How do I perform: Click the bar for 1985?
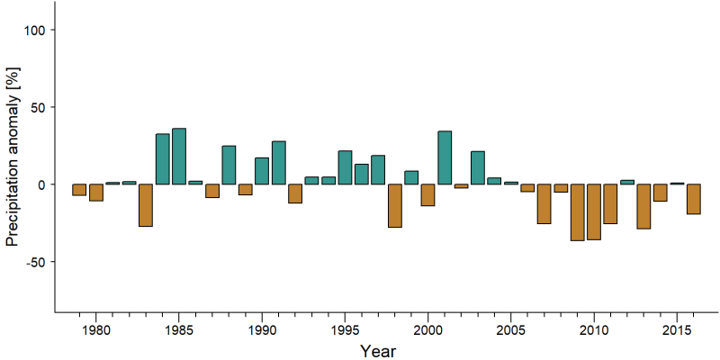[x=179, y=156]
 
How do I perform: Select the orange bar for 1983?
[x=146, y=205]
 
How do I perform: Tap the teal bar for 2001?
[x=445, y=157]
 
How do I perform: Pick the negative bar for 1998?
[x=395, y=206]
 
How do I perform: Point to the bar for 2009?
[x=577, y=212]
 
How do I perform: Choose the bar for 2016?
[x=693, y=199]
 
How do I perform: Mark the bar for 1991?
[x=279, y=163]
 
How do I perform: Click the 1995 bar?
[x=345, y=167]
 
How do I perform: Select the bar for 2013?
[x=643, y=206]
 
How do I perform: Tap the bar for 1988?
[x=229, y=165]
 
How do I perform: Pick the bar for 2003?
[x=478, y=167]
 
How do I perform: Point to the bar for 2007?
[x=544, y=204]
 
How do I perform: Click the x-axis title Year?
[x=377, y=351]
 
